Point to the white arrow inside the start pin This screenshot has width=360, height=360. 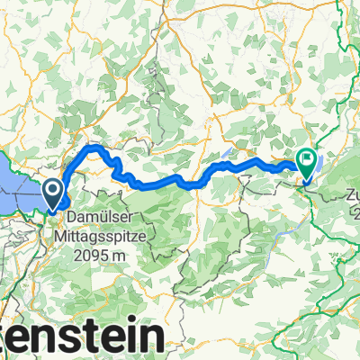53,190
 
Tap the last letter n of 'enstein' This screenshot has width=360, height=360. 153,338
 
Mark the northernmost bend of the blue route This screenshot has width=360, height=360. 93,147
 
